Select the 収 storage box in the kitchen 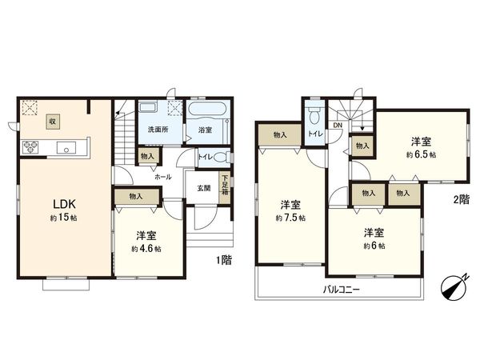[52, 122]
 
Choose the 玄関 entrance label [203, 188]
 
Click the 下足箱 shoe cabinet [226, 184]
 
